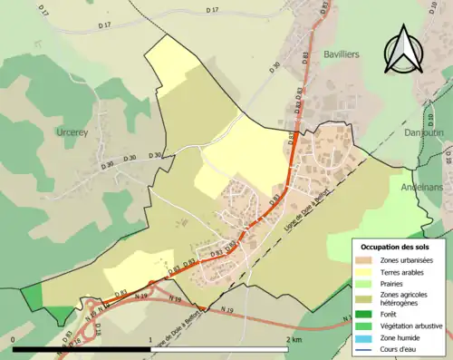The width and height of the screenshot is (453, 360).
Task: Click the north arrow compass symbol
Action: pyautogui.click(x=403, y=50)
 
